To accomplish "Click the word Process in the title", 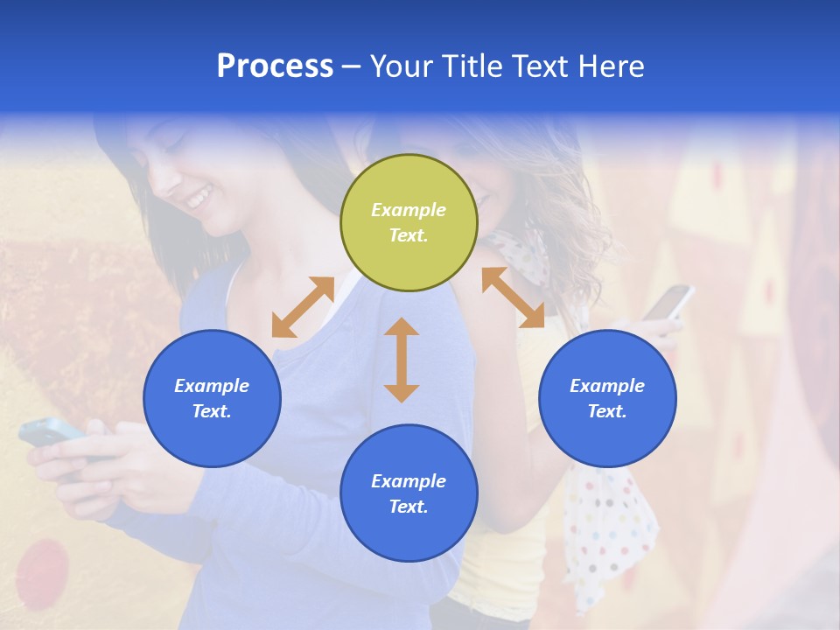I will click(x=275, y=66).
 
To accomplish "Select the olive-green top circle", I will click(x=409, y=222).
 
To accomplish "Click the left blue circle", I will click(x=212, y=398).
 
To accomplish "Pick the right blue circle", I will click(x=607, y=398).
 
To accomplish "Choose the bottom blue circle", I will click(x=409, y=493).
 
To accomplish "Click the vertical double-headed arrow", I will click(x=402, y=360).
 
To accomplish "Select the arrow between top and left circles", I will click(x=303, y=307).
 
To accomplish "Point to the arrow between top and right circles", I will click(x=513, y=297).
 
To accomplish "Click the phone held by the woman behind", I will click(x=668, y=302).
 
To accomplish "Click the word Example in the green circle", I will click(x=409, y=210).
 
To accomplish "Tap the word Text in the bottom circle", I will click(x=409, y=507).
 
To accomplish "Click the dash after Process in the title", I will click(x=352, y=66).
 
